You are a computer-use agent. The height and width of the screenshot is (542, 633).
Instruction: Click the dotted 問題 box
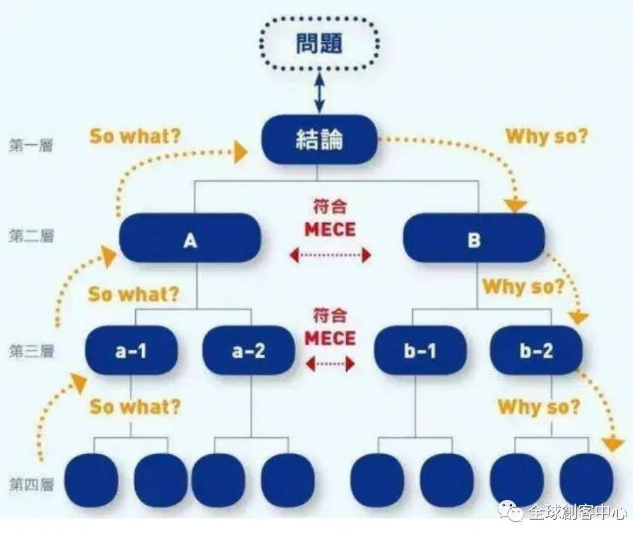click(319, 43)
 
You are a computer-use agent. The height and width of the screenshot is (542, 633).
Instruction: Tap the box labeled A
click(190, 239)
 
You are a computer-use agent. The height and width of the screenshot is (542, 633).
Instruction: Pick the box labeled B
click(474, 239)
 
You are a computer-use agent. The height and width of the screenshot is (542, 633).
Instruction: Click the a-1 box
click(131, 350)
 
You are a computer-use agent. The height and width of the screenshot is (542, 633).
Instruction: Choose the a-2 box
click(249, 350)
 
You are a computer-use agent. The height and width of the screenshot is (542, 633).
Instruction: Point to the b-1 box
click(420, 350)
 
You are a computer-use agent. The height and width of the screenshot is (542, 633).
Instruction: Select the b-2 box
click(536, 350)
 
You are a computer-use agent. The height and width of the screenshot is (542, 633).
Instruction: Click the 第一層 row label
click(31, 145)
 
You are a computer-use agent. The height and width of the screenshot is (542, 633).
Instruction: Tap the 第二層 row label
click(31, 237)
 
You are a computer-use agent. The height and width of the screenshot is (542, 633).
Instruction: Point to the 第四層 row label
click(31, 485)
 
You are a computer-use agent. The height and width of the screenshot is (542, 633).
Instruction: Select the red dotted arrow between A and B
click(330, 256)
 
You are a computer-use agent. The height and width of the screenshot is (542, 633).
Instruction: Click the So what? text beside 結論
click(135, 136)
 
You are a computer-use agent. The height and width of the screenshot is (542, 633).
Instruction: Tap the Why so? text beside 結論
click(546, 136)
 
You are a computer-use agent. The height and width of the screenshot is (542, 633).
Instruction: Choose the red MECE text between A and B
click(330, 229)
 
